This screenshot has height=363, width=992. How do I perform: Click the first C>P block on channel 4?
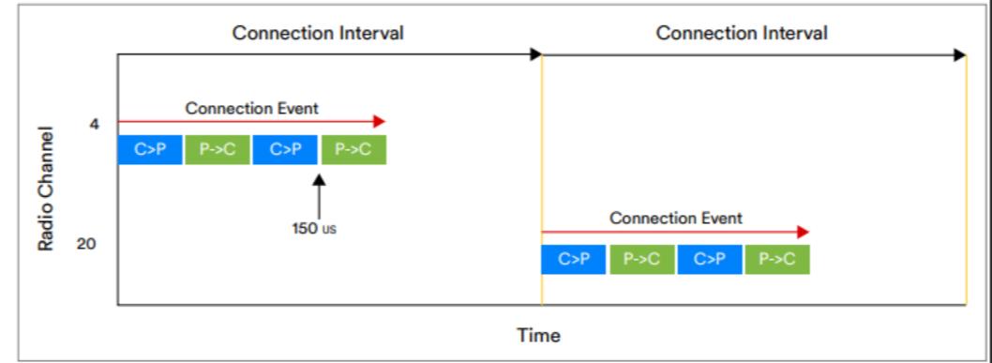150,150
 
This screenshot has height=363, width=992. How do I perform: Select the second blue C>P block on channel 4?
285,150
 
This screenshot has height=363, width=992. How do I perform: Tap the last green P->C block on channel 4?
353,150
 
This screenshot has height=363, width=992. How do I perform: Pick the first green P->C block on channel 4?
218,150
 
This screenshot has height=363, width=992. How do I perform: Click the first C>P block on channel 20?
573,260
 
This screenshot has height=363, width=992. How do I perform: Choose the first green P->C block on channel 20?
641,260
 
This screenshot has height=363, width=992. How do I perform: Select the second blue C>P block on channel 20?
709,260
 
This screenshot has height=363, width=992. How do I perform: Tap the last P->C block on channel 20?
777,260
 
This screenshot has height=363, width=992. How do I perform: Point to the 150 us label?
313,230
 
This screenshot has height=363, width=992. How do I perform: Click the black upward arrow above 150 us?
320,193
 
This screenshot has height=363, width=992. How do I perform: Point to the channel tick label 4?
95,123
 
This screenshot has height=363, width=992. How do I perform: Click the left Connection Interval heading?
318,34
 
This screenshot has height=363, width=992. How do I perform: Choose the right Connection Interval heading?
742,34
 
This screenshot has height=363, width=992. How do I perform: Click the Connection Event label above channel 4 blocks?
251,108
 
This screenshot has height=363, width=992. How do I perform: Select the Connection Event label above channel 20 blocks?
675,218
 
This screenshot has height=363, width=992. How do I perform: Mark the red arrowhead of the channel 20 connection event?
803,232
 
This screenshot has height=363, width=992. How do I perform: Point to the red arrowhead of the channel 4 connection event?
379,122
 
